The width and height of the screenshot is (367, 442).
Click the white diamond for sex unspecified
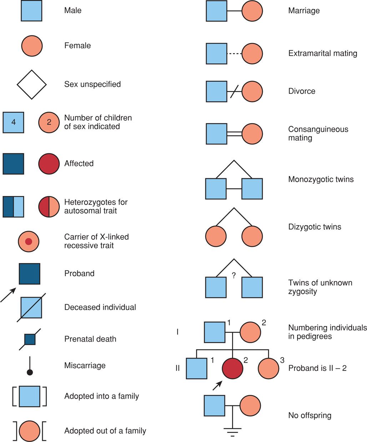(32, 85)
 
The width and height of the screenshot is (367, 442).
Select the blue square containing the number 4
(14, 122)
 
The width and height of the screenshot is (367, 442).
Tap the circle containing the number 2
(49, 122)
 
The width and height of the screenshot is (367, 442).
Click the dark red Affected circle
(49, 164)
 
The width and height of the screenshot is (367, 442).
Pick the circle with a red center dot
(29, 241)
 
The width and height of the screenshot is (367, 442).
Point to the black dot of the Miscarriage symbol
(30, 372)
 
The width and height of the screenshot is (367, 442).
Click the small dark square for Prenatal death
(30, 339)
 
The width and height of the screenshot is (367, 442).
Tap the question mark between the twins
(234, 276)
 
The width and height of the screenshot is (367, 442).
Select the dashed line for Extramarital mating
(234, 54)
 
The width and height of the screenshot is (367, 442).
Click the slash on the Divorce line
(234, 91)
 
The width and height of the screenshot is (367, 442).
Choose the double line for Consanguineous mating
(234, 134)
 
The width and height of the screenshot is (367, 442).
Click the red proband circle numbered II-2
(232, 368)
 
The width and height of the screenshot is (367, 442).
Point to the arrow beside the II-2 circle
(217, 385)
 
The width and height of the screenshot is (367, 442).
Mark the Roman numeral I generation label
(177, 332)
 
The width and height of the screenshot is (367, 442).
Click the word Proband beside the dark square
(79, 273)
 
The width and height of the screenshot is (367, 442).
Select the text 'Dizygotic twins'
(315, 227)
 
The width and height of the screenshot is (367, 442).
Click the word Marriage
(304, 11)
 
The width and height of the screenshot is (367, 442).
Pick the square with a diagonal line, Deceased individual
(31, 307)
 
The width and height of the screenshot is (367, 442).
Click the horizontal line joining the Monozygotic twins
(234, 189)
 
